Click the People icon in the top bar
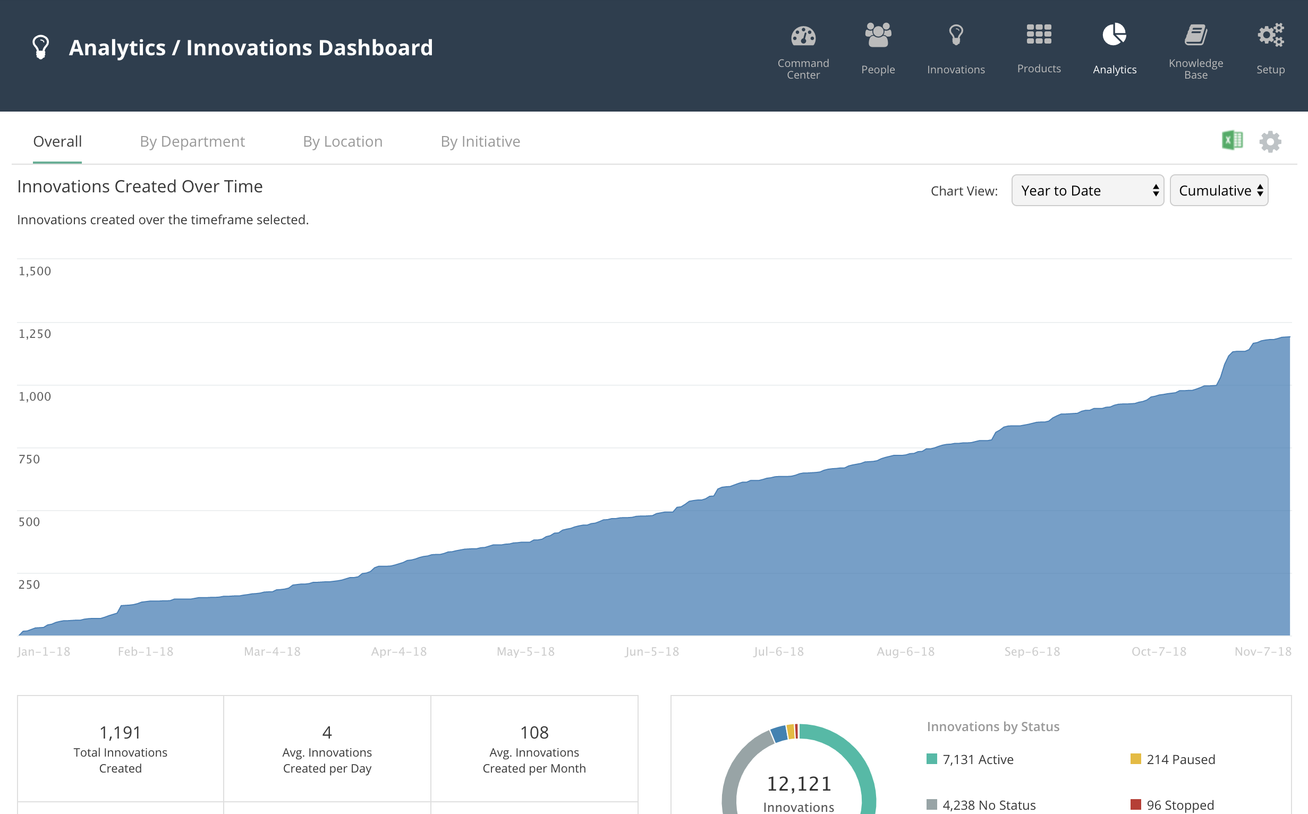click(x=878, y=35)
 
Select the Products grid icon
click(x=1039, y=35)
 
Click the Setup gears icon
click(x=1270, y=35)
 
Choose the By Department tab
click(x=192, y=141)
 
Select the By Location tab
click(x=342, y=141)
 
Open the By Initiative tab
click(x=480, y=141)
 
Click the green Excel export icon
click(x=1232, y=140)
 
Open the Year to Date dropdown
click(x=1088, y=191)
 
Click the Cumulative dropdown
click(x=1219, y=191)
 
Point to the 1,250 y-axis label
click(x=35, y=334)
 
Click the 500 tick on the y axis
click(x=29, y=522)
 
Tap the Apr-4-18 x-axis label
click(x=399, y=651)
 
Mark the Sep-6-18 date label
click(x=1032, y=651)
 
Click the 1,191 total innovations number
click(x=120, y=732)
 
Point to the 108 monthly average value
click(x=534, y=732)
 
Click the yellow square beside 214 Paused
click(x=1136, y=759)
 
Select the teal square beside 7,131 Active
click(x=932, y=759)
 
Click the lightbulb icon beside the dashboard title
click(x=41, y=47)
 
